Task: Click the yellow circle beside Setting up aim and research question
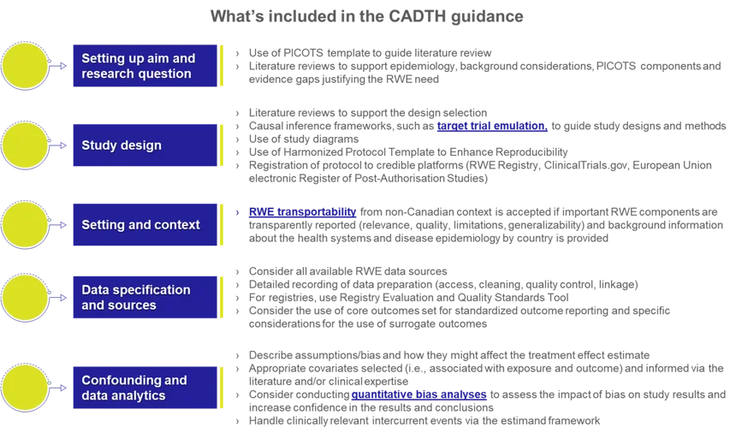coord(25,66)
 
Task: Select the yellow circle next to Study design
coord(25,145)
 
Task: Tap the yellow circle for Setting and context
coord(25,224)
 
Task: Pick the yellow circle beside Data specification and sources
coord(25,298)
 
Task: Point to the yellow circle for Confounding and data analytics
coord(25,388)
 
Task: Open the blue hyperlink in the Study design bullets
coord(490,128)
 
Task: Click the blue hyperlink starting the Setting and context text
coord(301,212)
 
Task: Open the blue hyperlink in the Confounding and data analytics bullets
coord(418,395)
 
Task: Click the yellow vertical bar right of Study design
coord(223,145)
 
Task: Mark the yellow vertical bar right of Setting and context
coord(223,224)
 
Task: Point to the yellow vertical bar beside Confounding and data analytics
coord(223,387)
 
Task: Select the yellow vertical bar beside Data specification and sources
coord(223,296)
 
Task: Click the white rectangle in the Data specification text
coord(622,318)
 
